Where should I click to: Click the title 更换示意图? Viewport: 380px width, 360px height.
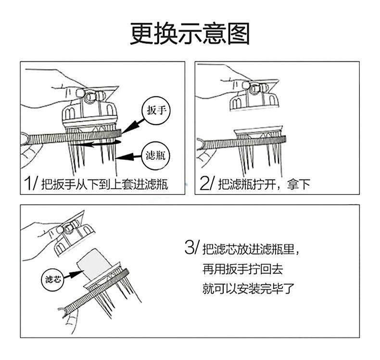coord(190,34)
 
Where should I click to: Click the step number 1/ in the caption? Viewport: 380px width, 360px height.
coord(30,183)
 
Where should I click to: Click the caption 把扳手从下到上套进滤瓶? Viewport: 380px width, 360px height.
coord(104,184)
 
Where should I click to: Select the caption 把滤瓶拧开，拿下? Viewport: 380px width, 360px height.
coord(264,184)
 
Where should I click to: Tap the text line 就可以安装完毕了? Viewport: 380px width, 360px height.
coord(249,289)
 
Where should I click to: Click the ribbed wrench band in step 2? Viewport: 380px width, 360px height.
coord(245,142)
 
